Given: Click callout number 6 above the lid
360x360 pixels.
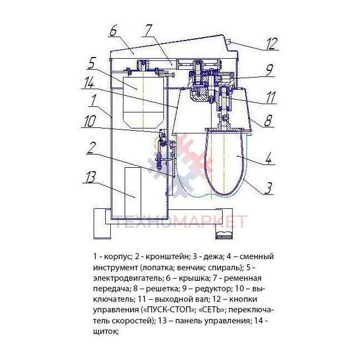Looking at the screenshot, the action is (113, 31).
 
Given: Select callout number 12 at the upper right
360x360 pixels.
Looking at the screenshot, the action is (272, 44).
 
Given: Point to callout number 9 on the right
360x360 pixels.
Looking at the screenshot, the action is (269, 70).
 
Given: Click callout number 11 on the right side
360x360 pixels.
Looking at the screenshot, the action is (270, 97).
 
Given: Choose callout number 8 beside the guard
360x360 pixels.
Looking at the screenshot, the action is (268, 120).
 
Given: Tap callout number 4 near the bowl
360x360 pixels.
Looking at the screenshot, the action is (269, 158).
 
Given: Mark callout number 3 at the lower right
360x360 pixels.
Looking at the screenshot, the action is (268, 188).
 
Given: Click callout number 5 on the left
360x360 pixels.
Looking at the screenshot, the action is (91, 63).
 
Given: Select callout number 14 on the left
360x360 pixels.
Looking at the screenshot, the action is (89, 83).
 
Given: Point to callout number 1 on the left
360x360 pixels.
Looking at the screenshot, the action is (94, 100).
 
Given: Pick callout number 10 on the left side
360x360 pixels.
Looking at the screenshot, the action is (90, 121).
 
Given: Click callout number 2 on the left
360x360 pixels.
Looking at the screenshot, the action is (91, 148).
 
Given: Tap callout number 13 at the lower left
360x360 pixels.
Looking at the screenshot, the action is (90, 177).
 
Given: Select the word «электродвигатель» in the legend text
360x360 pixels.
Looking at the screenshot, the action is (127, 278).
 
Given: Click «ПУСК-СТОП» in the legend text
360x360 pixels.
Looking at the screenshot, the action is (168, 310).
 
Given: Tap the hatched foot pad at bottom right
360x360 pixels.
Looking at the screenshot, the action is (224, 235).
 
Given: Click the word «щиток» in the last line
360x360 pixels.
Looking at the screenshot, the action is (106, 332).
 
